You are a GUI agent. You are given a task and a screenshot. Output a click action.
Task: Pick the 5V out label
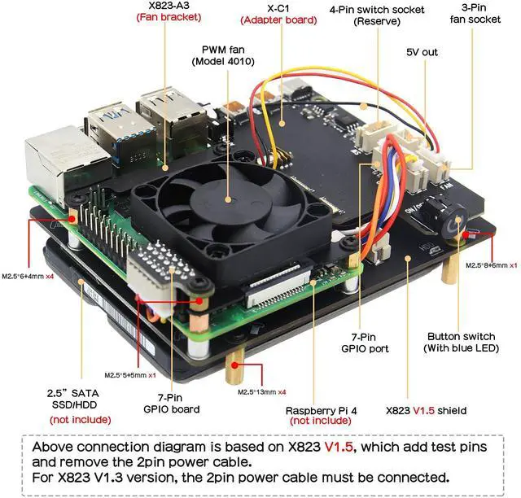coord(422,52)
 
